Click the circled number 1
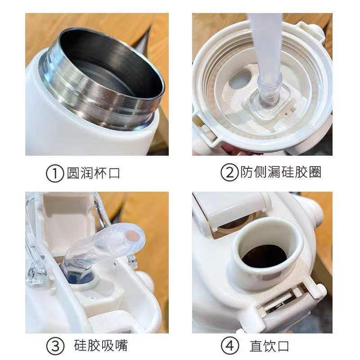tap(54, 174)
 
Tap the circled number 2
tap(229, 173)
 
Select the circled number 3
tap(55, 346)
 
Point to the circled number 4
tap(230, 346)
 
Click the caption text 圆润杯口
tap(94, 173)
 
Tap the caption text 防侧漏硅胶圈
tap(281, 172)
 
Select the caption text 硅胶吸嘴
tap(101, 345)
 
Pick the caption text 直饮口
tap(269, 346)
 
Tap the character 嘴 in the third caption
tap(121, 345)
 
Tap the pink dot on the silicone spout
tap(133, 236)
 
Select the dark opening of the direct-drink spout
tap(265, 256)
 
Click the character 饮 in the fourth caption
tap(269, 346)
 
